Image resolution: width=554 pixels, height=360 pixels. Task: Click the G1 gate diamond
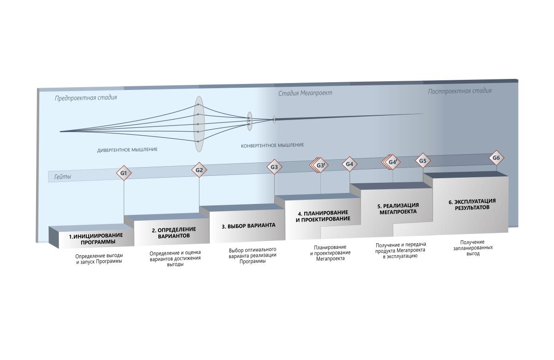pos(124,173)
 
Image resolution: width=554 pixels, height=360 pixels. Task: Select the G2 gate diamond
pos(199,170)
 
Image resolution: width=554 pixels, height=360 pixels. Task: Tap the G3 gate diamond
pos(274,167)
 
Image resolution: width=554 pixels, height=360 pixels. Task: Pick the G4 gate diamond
pos(349,164)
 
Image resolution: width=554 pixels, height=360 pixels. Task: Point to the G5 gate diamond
pos(423,161)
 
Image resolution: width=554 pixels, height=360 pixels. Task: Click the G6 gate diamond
pos(496,158)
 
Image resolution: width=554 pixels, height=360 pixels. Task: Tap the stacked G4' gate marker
pos(392,162)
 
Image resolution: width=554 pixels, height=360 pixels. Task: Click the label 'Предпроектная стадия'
pos(86,98)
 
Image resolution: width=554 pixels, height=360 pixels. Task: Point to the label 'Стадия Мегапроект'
pos(305,93)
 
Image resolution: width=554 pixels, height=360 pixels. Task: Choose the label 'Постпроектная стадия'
pos(459,91)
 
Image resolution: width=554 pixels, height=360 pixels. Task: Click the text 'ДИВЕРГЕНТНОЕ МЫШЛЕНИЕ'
pos(127,150)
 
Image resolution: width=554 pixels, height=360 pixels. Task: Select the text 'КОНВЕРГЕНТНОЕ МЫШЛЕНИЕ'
pos(272,145)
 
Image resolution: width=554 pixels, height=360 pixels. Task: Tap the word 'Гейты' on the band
pos(63,177)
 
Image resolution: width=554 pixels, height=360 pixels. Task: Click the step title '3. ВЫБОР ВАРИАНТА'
pos(248,226)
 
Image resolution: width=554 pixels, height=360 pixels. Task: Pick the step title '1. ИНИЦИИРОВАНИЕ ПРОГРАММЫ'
pos(96,239)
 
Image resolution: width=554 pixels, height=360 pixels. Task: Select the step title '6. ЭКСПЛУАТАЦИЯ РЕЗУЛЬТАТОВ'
pos(472,204)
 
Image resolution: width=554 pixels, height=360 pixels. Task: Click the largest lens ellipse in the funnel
pos(199,124)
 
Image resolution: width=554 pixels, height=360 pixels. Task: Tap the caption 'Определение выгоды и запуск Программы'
pos(99,258)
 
